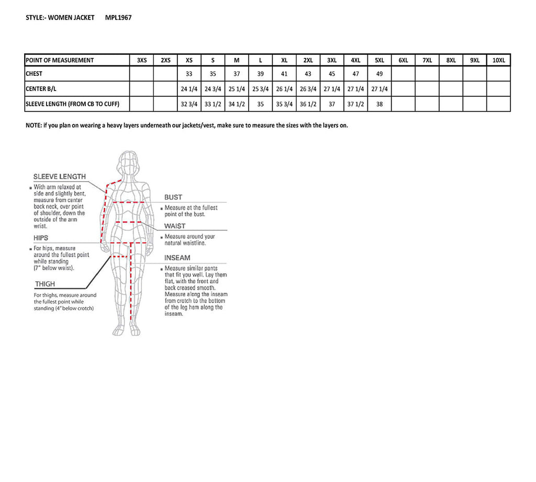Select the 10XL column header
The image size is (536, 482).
click(x=498, y=60)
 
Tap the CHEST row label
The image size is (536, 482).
click(x=34, y=74)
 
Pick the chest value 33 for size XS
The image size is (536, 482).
click(x=189, y=74)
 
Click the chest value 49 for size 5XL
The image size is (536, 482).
click(x=379, y=74)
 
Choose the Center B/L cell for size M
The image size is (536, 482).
click(x=237, y=89)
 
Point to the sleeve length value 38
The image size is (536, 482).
click(x=379, y=104)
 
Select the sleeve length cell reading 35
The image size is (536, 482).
click(x=260, y=104)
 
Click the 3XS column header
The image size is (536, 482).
click(x=142, y=60)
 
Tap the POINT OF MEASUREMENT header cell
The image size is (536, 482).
click(x=60, y=60)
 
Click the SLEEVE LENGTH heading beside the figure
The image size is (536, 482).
click(x=59, y=177)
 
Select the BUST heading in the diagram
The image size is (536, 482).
click(x=173, y=197)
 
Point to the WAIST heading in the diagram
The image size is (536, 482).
click(x=175, y=226)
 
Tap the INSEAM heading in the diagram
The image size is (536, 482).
click(x=177, y=258)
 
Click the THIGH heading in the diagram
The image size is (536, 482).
click(x=44, y=284)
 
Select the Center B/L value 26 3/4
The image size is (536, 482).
click(x=308, y=89)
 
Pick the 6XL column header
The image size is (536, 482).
click(x=403, y=60)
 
